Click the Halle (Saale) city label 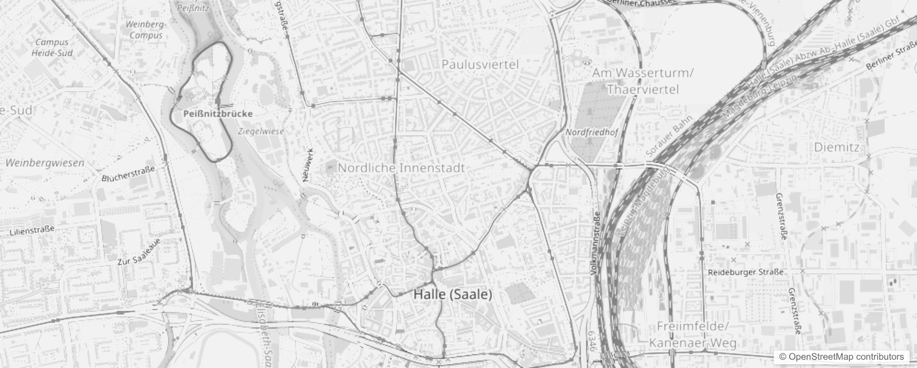(x=453, y=294)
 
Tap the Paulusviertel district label (x=480, y=64)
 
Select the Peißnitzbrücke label (x=218, y=114)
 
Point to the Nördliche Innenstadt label (x=401, y=168)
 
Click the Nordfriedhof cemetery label (x=591, y=132)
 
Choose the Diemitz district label (x=836, y=148)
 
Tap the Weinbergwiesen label (x=45, y=163)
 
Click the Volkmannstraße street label (x=596, y=244)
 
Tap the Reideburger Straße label (x=745, y=272)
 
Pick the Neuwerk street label (x=308, y=165)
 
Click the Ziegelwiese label (x=261, y=131)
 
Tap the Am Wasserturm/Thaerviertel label (x=642, y=81)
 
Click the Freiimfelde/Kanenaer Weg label (x=692, y=335)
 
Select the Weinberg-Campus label (x=145, y=29)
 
